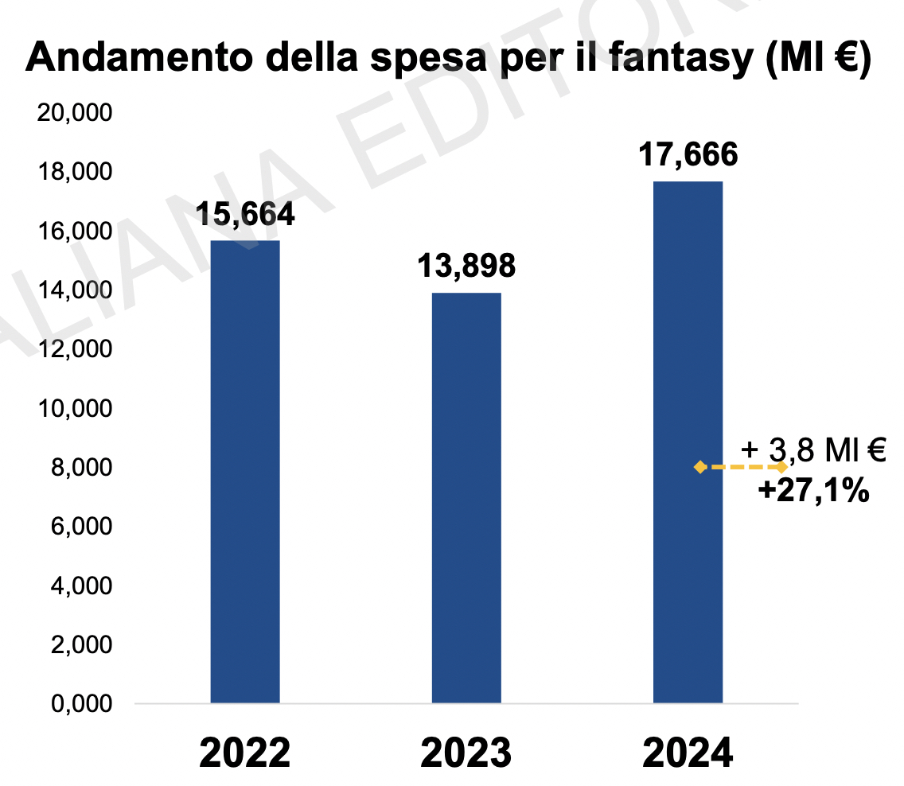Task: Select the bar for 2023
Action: (466, 497)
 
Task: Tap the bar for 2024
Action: (688, 442)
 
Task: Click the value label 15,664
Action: (245, 214)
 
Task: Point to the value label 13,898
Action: (466, 267)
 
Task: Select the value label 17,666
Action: (688, 154)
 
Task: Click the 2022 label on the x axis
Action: (245, 751)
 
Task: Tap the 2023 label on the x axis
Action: (466, 751)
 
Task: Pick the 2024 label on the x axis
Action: (688, 751)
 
